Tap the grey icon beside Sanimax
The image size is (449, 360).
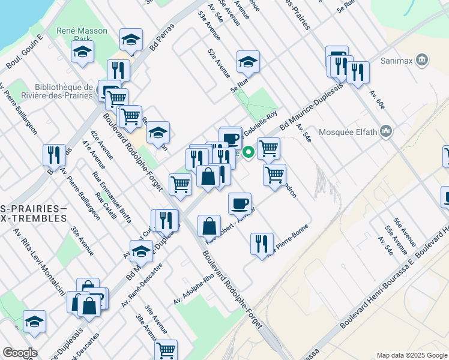click(422, 60)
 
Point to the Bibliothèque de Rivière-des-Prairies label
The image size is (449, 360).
click(60, 91)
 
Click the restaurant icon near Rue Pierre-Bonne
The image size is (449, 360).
click(262, 243)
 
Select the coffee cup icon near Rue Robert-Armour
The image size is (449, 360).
click(240, 203)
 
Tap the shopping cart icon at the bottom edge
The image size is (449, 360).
click(166, 349)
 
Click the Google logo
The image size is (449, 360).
click(19, 353)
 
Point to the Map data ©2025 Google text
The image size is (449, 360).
click(411, 355)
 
